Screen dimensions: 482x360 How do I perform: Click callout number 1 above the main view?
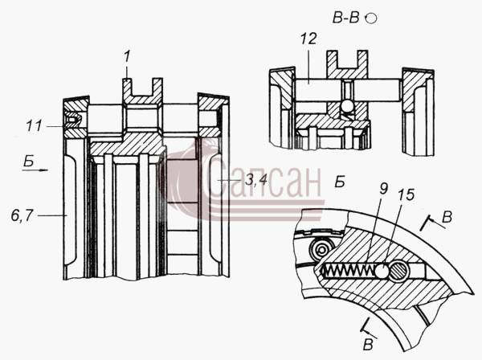[x=127, y=57]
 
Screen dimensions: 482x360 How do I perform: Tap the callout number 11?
[x=34, y=126]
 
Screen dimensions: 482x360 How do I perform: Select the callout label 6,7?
[x=22, y=216]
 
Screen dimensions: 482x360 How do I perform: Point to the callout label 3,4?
[x=255, y=181]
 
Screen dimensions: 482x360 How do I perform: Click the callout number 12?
[x=308, y=39]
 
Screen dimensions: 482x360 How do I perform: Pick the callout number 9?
[x=384, y=189]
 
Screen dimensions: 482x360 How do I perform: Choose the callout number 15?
[x=406, y=194]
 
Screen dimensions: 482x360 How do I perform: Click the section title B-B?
[x=346, y=18]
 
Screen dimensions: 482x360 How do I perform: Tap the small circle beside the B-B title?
[x=372, y=18]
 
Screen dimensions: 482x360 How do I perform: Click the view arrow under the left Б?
[x=35, y=170]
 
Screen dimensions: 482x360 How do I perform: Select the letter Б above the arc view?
[x=340, y=182]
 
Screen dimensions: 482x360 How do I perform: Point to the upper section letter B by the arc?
[x=447, y=217]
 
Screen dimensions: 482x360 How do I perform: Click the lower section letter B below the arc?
[x=368, y=345]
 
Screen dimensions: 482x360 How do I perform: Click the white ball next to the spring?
[x=382, y=271]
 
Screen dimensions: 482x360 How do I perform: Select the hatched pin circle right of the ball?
[x=399, y=271]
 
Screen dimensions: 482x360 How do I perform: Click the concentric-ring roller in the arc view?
[x=322, y=247]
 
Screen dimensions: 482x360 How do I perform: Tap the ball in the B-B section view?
[x=348, y=106]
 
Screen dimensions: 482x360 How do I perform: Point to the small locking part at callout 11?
[x=73, y=119]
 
